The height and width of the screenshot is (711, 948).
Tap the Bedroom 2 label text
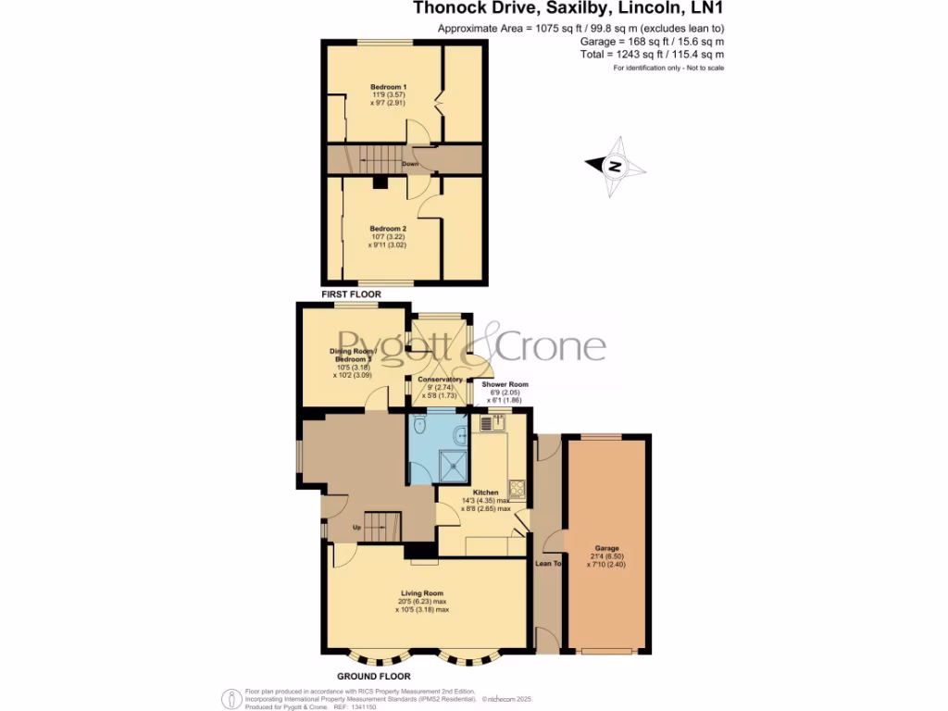click(x=388, y=229)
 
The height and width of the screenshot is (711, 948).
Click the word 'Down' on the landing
click(x=410, y=165)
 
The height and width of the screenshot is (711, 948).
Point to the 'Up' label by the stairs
click(x=356, y=528)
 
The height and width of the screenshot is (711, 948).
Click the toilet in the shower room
click(x=420, y=427)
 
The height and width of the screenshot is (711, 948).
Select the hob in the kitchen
click(x=516, y=487)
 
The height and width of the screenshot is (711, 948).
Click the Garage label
click(x=606, y=548)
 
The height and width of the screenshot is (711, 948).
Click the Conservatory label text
click(x=440, y=380)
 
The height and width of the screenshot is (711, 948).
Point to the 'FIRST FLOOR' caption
click(x=351, y=293)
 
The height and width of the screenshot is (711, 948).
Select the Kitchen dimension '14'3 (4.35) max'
click(x=485, y=501)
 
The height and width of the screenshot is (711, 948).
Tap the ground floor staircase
click(x=378, y=527)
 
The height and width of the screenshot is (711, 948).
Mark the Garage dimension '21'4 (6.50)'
click(x=606, y=556)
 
